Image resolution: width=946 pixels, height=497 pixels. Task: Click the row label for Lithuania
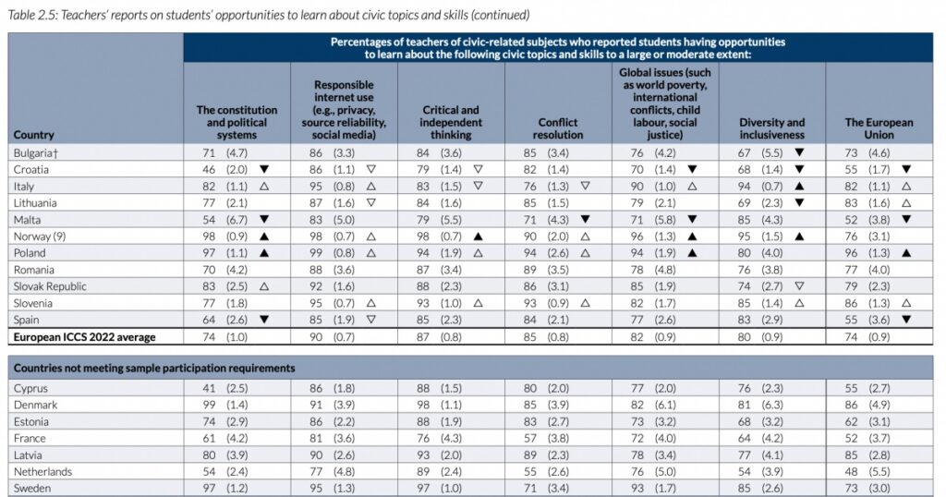point(37,202)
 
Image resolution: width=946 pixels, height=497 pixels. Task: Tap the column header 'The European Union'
point(879,128)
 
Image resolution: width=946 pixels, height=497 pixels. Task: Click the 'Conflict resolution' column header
point(558,128)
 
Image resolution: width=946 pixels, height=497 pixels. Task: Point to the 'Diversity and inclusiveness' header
point(771,128)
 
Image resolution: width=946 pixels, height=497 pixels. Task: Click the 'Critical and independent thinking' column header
point(451,122)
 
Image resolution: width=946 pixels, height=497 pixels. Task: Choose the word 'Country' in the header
point(34,135)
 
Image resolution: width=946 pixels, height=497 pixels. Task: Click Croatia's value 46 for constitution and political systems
point(208,169)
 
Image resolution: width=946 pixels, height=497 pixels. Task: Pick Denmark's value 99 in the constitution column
point(208,406)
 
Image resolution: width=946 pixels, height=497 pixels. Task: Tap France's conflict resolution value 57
point(529,439)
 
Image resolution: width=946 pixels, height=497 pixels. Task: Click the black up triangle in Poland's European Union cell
point(906,252)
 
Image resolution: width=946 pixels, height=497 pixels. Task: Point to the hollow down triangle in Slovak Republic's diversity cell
point(799,285)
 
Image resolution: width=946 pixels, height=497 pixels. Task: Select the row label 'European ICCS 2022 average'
point(84,336)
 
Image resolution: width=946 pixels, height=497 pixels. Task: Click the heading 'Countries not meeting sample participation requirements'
point(153,368)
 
